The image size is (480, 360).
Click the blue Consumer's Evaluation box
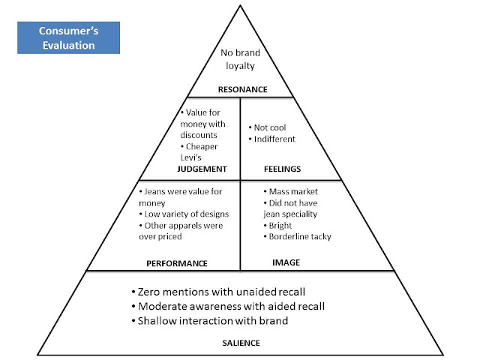tap(68, 37)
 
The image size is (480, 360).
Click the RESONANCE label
tap(243, 89)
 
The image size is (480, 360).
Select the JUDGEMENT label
tap(202, 169)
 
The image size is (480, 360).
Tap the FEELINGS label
tap(282, 169)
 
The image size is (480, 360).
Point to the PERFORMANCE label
tap(177, 263)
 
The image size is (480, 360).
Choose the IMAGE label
tap(286, 262)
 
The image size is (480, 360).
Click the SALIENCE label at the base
tap(241, 343)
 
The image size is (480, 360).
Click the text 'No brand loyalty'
tap(240, 59)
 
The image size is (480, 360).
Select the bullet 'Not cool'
tap(267, 127)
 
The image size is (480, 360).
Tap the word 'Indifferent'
tap(274, 139)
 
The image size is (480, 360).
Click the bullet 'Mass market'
tap(291, 192)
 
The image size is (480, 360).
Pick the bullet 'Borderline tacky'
tap(297, 237)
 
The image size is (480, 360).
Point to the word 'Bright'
tap(280, 226)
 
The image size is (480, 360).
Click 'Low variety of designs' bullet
tap(184, 214)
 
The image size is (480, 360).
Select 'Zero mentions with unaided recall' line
tap(218, 292)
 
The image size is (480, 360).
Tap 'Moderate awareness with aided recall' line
tap(228, 306)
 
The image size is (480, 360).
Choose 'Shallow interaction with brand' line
tap(210, 320)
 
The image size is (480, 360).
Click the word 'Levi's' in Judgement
tap(190, 157)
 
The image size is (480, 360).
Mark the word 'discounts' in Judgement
tap(199, 135)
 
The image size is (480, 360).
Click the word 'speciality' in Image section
tap(301, 214)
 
